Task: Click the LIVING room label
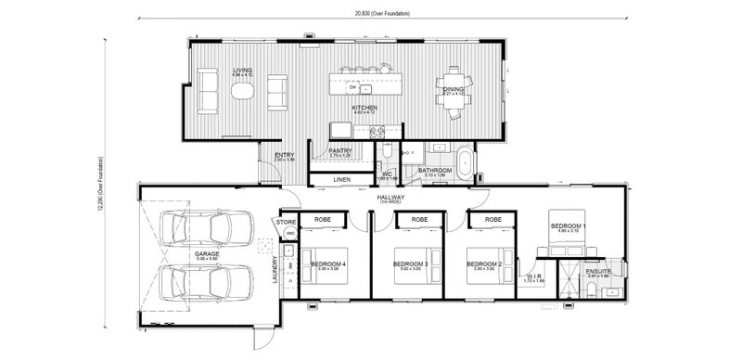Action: (243, 71)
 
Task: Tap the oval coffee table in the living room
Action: (243, 91)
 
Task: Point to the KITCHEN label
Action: (364, 108)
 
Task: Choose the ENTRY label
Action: (284, 155)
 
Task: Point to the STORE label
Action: (284, 223)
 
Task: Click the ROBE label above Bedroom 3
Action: (411, 219)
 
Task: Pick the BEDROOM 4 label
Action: (329, 264)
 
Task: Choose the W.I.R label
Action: (534, 276)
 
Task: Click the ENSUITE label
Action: (597, 271)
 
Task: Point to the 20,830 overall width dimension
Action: (381, 14)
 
